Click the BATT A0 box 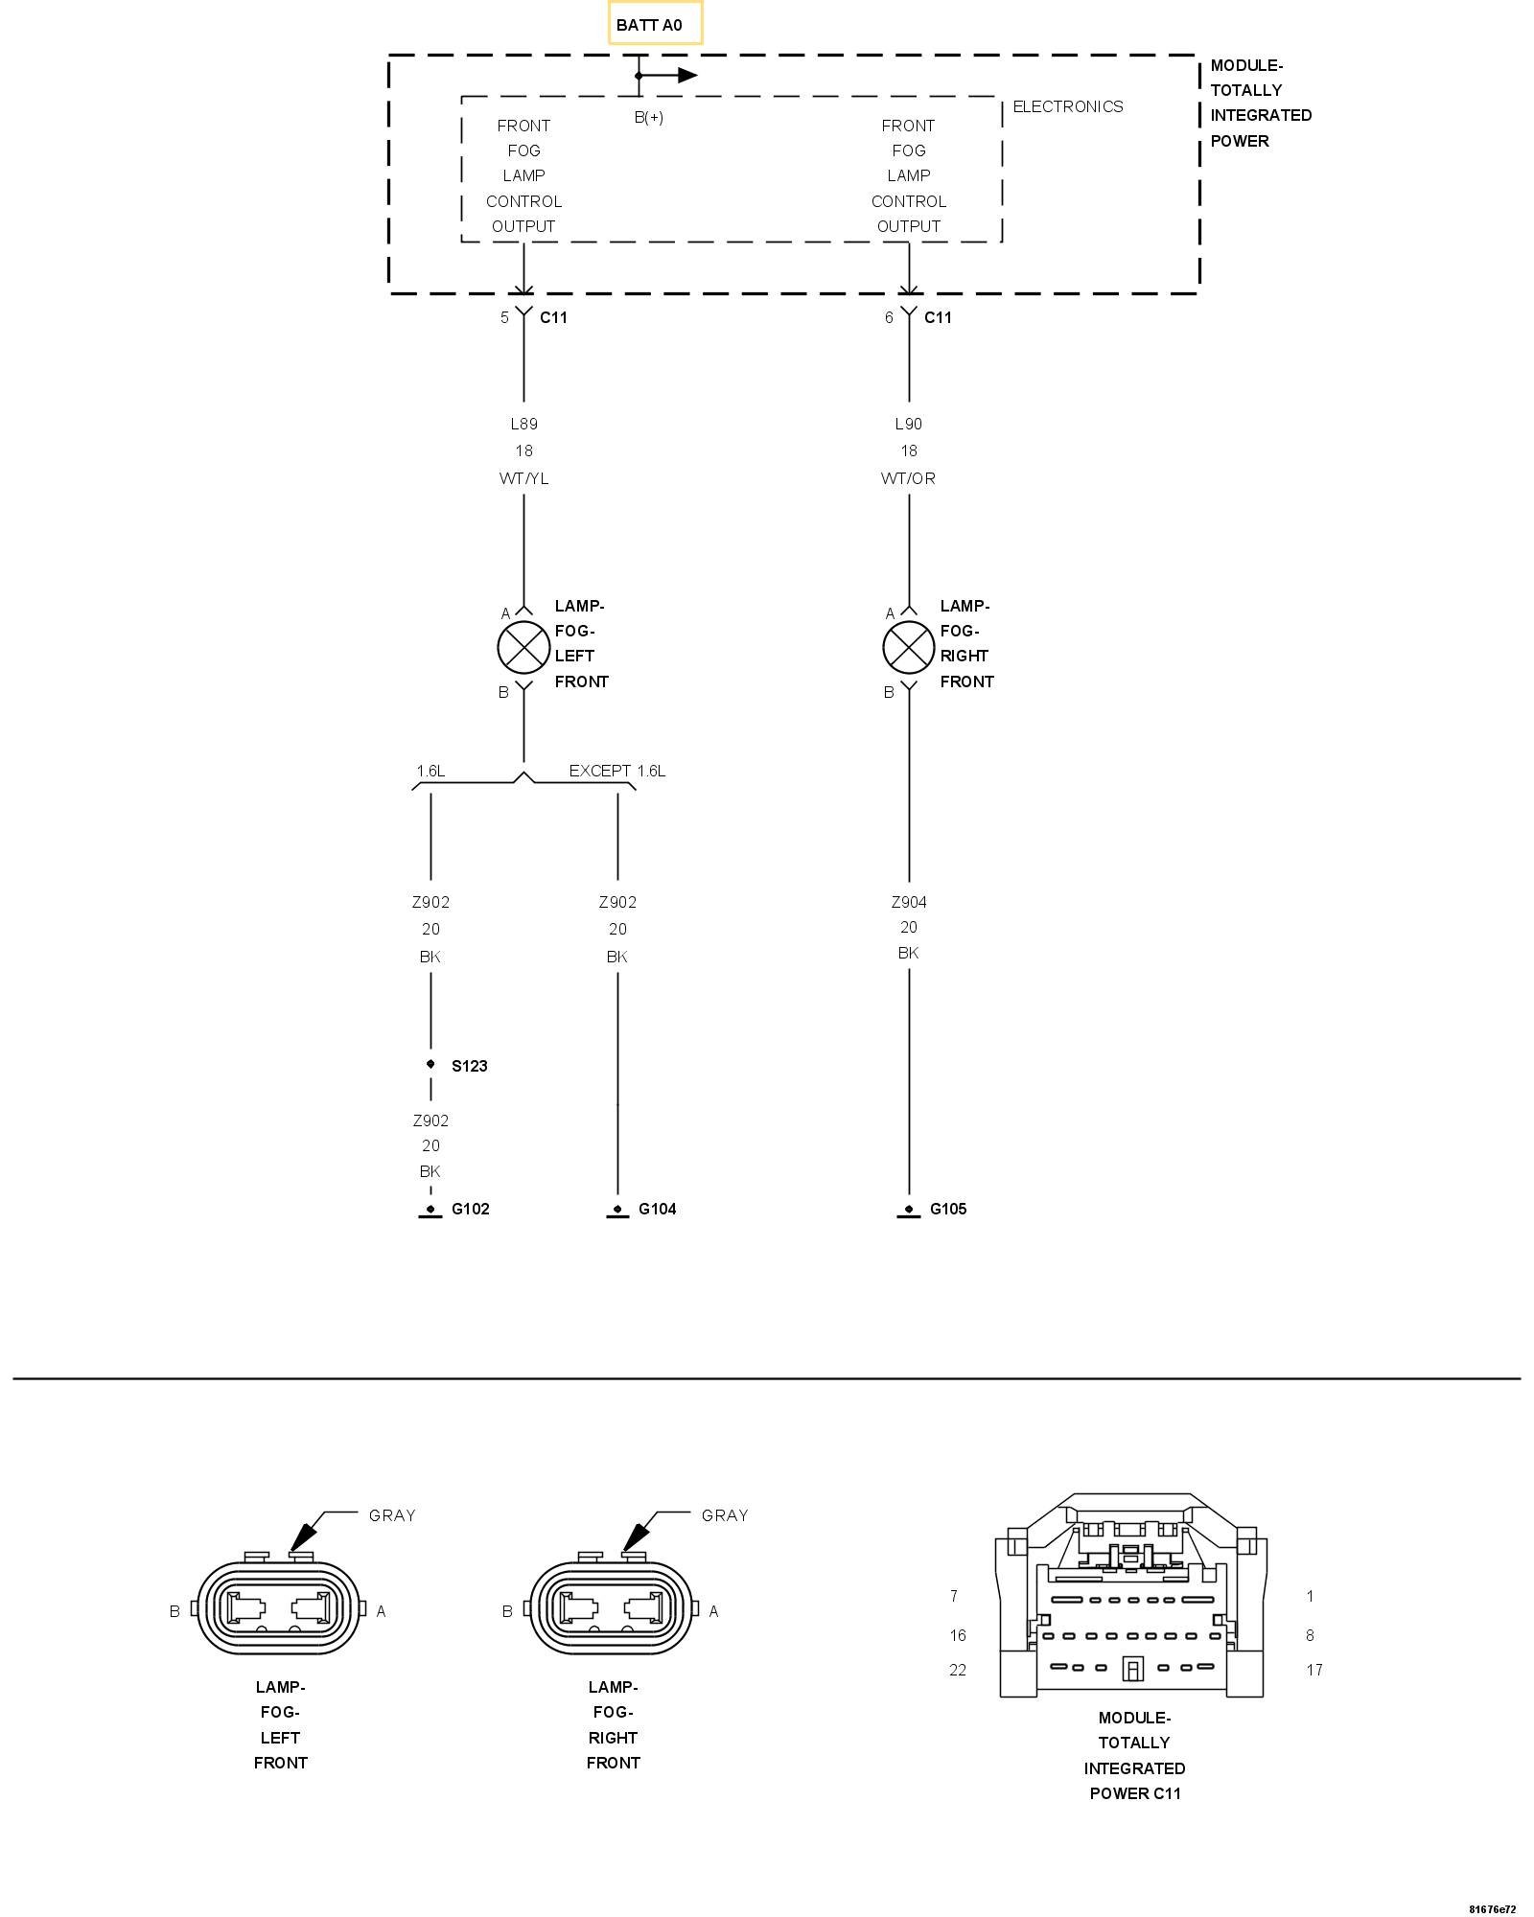[x=655, y=24]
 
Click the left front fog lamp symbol [x=523, y=647]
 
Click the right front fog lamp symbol [x=908, y=647]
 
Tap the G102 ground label [x=470, y=1209]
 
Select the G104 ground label [x=657, y=1209]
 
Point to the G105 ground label [x=948, y=1209]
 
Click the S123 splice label [x=469, y=1066]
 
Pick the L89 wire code [x=523, y=424]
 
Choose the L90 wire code [x=908, y=424]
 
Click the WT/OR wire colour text [x=908, y=478]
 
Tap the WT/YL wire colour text [x=523, y=478]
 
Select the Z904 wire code [x=908, y=902]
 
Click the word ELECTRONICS [x=1067, y=106]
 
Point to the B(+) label [x=649, y=118]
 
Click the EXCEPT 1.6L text [x=616, y=771]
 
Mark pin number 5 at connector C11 [x=504, y=317]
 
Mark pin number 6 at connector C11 [x=889, y=317]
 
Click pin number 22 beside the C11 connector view [x=958, y=1670]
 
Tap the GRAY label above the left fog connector [x=392, y=1515]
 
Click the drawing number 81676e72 [x=1493, y=1908]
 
